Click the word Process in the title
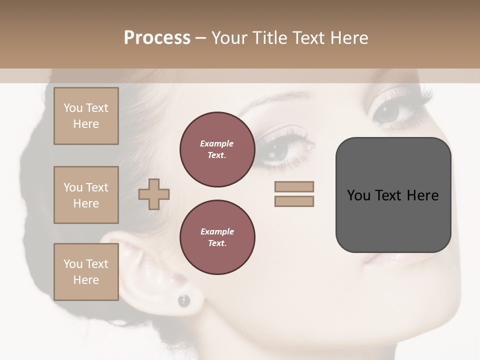[x=157, y=38]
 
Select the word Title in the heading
[x=270, y=38]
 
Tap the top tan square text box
[x=86, y=116]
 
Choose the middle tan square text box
[x=86, y=195]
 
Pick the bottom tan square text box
[x=86, y=272]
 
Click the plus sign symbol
[x=154, y=194]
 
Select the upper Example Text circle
[x=217, y=149]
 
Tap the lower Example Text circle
[x=217, y=237]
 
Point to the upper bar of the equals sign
[x=294, y=186]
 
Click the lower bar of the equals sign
[x=294, y=201]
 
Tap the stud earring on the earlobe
[x=184, y=300]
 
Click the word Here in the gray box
[x=422, y=195]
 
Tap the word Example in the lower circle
[x=217, y=231]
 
